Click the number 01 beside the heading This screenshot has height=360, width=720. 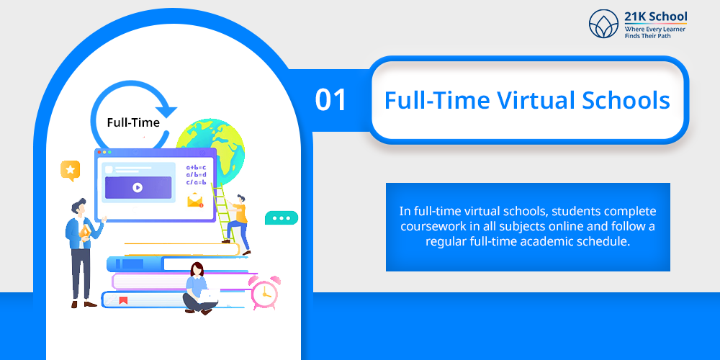pos(330,100)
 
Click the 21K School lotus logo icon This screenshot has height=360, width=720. pos(604,24)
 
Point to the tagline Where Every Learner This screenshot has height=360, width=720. pos(654,29)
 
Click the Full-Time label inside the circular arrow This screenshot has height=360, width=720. pos(133,122)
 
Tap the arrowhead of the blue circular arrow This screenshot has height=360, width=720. pos(166,109)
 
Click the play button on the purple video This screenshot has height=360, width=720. pos(138,187)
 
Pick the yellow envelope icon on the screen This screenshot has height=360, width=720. pos(195,200)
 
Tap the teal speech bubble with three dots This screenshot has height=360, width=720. pos(282,218)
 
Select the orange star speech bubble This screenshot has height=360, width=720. pos(71,171)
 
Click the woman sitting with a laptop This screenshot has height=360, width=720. pos(199,289)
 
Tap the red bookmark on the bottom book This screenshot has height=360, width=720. pos(123,301)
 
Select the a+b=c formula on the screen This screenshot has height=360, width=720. pos(196,167)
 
